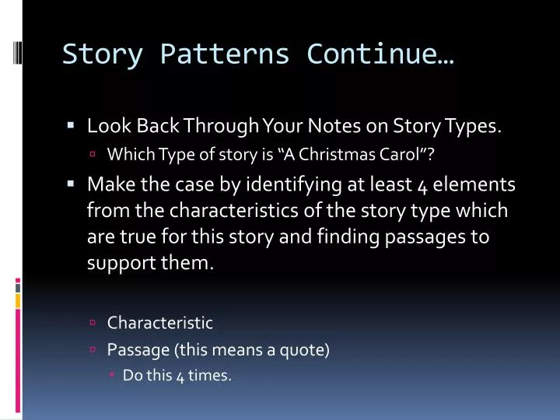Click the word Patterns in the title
pos(225,54)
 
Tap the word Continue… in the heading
pos(380,54)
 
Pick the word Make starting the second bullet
pos(107,184)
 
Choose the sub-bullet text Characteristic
pos(159,322)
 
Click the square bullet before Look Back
pos(71,124)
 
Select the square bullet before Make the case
pos(71,184)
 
